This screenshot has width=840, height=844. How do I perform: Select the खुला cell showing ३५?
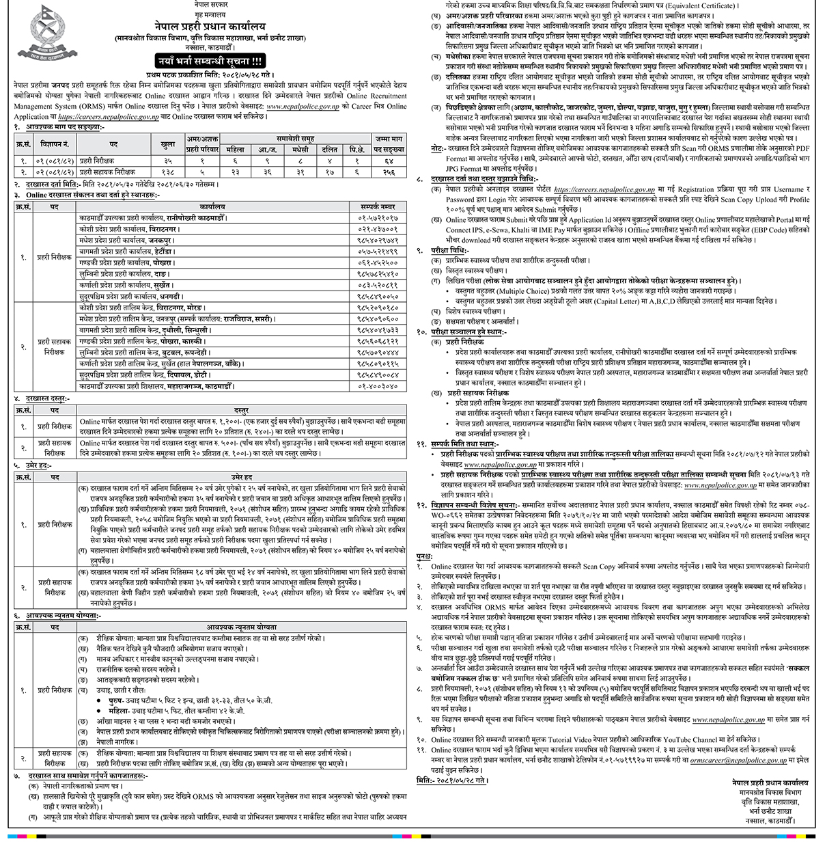click(167, 161)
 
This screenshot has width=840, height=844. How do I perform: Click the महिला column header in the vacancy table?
click(235, 149)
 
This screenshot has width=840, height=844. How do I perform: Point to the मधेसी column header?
click(300, 149)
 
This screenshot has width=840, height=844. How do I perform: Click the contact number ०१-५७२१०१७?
click(378, 218)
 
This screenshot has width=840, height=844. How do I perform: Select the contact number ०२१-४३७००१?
click(378, 230)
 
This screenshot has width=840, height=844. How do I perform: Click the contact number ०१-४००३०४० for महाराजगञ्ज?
click(378, 386)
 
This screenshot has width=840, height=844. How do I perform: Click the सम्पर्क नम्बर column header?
click(378, 206)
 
